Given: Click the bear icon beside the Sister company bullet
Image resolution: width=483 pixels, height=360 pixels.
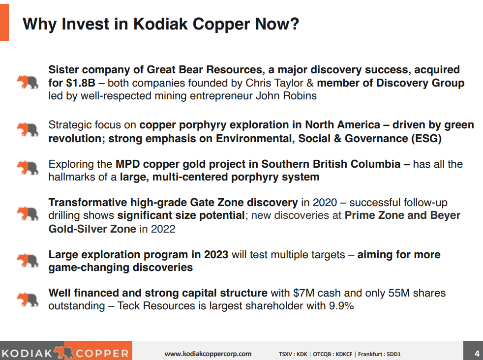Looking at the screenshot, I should (28, 82).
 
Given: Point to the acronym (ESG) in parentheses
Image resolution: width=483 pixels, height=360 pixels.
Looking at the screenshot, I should (425, 138).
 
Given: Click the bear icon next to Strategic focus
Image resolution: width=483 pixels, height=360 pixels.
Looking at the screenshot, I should (28, 130).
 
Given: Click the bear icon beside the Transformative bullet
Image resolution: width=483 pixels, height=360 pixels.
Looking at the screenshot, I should (28, 214).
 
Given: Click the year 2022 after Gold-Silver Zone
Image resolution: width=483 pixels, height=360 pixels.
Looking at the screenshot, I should (163, 229).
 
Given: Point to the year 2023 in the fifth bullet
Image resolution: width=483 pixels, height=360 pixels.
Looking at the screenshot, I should (215, 254).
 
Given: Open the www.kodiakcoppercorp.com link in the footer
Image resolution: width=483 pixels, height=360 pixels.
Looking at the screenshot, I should (208, 354).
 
